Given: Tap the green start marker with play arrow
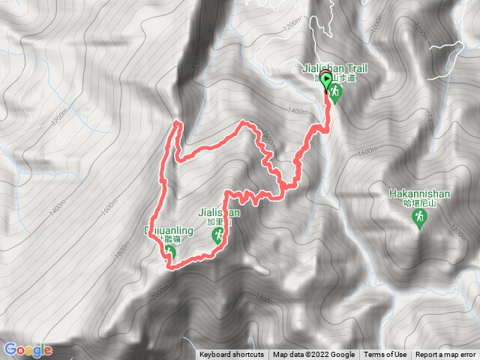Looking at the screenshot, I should coord(325,79).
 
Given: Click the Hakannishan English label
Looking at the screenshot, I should coord(419,193).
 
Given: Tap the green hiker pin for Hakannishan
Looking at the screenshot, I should coord(419,217).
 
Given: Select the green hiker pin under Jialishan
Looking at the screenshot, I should coord(218,237).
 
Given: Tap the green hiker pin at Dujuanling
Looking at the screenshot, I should coord(170,253).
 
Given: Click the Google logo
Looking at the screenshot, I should coord(28,349).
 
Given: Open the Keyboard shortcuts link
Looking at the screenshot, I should coord(231,355).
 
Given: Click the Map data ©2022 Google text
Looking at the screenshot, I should coord(313,355).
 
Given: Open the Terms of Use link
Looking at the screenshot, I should coord(385,355).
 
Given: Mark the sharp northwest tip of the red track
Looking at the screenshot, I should coord(177,122).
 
